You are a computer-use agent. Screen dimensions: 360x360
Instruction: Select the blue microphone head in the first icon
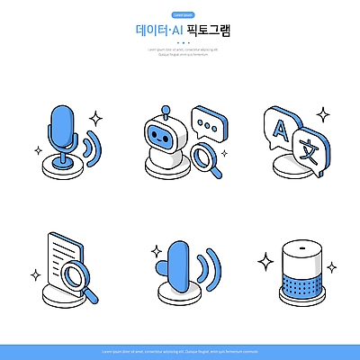(62, 125)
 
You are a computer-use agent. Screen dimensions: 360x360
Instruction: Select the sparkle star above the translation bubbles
(322, 114)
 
